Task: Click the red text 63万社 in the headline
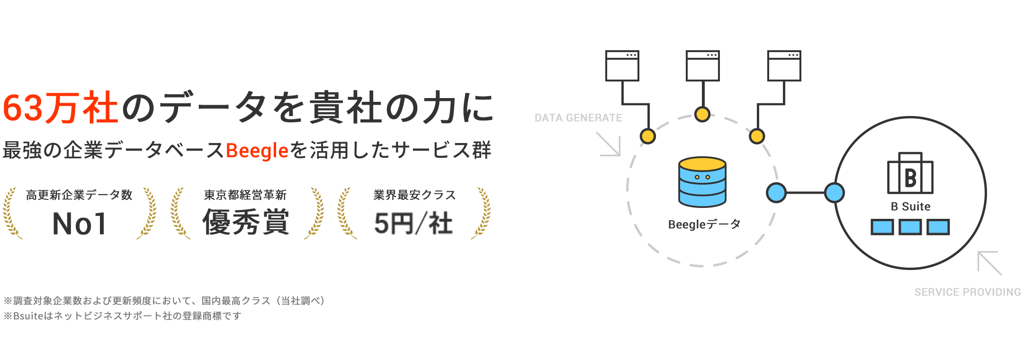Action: coord(61,108)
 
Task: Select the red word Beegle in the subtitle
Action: coord(257,151)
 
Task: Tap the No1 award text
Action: coord(79,224)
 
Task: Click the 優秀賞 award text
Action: coord(246,222)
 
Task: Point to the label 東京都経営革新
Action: coord(245,195)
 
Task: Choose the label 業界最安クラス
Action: coord(414,195)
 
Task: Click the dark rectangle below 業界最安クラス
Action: coord(413,223)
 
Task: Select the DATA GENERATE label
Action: coord(578,118)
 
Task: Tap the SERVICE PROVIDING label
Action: coord(967,292)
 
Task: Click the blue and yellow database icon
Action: coord(702,182)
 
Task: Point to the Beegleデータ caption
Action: coord(704,224)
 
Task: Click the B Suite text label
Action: coord(910,207)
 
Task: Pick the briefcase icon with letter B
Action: coord(910,174)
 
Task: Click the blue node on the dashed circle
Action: coord(776,193)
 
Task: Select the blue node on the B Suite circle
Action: coord(835,193)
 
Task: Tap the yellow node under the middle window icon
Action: coord(702,114)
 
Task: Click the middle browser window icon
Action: coord(702,65)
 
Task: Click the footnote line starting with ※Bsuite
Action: coord(123,315)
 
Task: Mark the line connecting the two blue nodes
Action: coord(805,193)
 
